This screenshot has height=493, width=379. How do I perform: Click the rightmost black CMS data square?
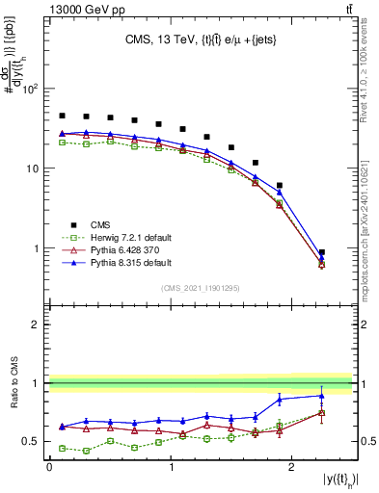[322, 252]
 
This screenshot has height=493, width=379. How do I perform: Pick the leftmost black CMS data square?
[63, 116]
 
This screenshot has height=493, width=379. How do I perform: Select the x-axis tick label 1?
[171, 467]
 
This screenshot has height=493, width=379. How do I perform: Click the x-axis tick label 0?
[49, 467]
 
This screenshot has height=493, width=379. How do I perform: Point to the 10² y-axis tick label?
[31, 89]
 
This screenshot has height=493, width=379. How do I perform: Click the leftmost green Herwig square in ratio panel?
[63, 448]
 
